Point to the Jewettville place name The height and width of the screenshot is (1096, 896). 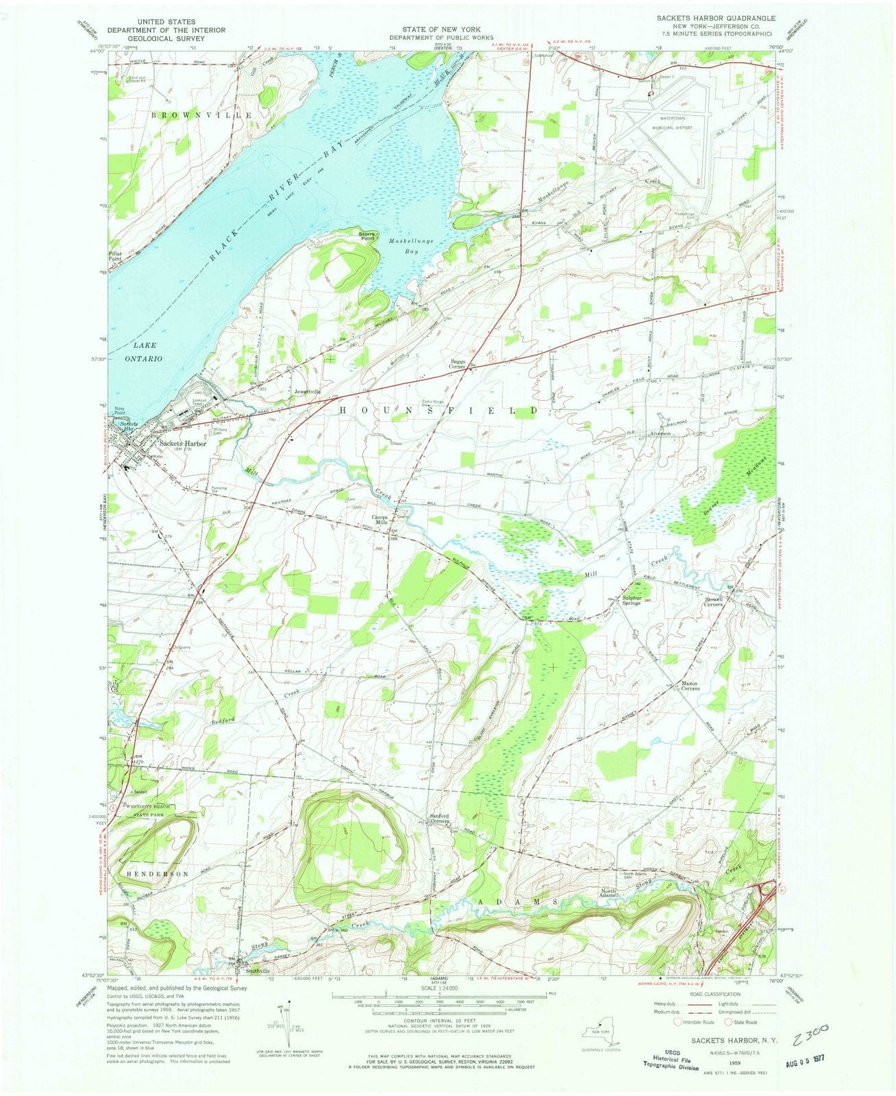click(x=306, y=391)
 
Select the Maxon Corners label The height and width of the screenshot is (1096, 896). click(x=684, y=686)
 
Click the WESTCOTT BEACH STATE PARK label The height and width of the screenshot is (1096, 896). click(x=149, y=811)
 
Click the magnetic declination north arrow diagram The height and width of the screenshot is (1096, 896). click(x=282, y=1022)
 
